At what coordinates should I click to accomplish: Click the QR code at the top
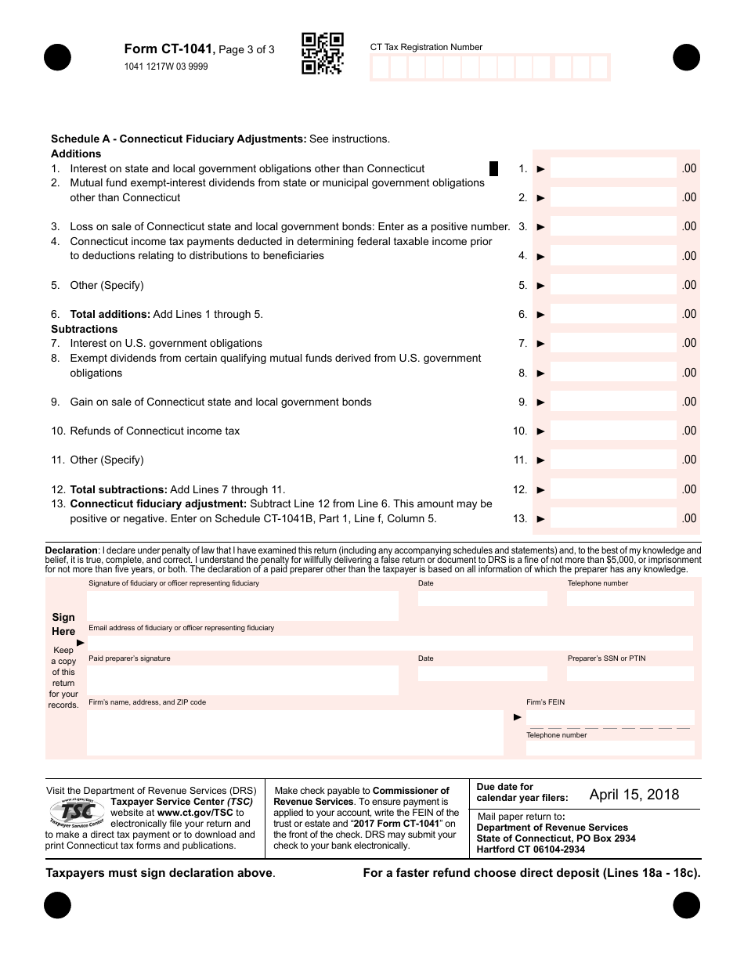(323, 53)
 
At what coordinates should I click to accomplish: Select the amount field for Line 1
(612, 168)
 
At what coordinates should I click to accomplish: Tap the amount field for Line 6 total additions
(612, 314)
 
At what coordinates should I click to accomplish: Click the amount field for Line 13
(612, 518)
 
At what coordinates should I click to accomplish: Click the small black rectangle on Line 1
(493, 168)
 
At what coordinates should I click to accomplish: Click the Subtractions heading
(85, 329)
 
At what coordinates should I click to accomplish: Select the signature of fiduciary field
(243, 606)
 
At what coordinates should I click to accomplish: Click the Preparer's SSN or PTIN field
(630, 673)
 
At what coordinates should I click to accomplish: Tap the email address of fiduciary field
(390, 643)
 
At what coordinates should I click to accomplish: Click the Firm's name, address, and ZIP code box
(294, 732)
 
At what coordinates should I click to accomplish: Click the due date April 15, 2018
(634, 795)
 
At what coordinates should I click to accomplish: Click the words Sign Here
(63, 624)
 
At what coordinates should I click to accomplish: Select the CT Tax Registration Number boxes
(489, 67)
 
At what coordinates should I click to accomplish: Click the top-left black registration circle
(58, 57)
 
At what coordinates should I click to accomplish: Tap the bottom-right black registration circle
(686, 906)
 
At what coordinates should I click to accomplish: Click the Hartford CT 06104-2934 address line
(530, 849)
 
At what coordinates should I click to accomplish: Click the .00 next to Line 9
(688, 402)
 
